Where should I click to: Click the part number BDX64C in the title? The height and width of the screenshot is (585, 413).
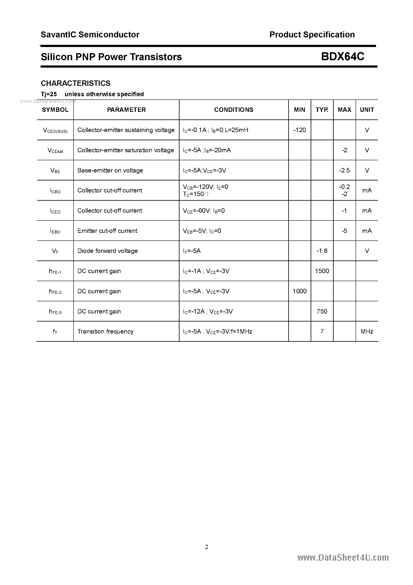pyautogui.click(x=342, y=57)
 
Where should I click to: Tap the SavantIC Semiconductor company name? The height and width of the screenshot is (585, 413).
pyautogui.click(x=90, y=35)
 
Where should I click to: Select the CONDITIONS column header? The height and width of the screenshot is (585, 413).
pyautogui.click(x=233, y=110)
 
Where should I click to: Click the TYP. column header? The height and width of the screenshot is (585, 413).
pyautogui.click(x=322, y=110)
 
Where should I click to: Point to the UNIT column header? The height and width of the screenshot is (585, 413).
pyautogui.click(x=367, y=110)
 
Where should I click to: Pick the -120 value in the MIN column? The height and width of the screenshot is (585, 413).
pyautogui.click(x=299, y=130)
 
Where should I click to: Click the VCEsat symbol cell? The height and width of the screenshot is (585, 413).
pyautogui.click(x=55, y=150)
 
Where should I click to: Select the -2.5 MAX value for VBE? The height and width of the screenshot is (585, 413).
pyautogui.click(x=344, y=170)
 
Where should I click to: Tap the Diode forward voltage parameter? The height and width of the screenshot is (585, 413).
pyautogui.click(x=108, y=251)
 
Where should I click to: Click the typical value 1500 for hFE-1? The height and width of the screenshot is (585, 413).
pyautogui.click(x=322, y=271)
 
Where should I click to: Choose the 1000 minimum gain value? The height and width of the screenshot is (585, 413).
pyautogui.click(x=299, y=291)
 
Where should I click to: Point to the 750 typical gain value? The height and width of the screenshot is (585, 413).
pyautogui.click(x=322, y=311)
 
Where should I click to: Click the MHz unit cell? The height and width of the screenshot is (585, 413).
pyautogui.click(x=367, y=332)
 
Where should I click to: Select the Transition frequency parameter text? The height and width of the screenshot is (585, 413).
pyautogui.click(x=105, y=332)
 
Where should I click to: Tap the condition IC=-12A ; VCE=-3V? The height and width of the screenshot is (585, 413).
pyautogui.click(x=208, y=311)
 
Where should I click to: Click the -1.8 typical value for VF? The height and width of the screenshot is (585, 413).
pyautogui.click(x=322, y=251)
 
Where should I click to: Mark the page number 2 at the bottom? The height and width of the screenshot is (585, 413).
pyautogui.click(x=206, y=547)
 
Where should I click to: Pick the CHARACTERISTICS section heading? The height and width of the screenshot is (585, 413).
pyautogui.click(x=76, y=83)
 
